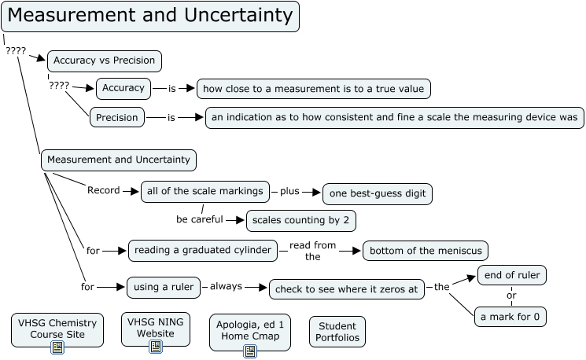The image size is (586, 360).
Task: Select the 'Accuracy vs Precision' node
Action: (x=105, y=61)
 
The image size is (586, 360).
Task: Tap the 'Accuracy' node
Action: (x=123, y=88)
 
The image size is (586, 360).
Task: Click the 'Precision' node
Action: (x=117, y=118)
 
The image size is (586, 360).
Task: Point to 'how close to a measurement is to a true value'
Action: (x=313, y=88)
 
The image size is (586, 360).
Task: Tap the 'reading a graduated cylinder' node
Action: (x=203, y=251)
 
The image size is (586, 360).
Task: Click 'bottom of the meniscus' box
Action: (x=425, y=251)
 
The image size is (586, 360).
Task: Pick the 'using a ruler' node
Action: (x=164, y=287)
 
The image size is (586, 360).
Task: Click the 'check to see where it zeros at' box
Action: (x=347, y=289)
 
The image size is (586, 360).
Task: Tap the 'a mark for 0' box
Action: (x=510, y=317)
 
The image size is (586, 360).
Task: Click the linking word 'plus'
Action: (x=290, y=191)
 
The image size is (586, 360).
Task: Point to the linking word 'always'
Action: (x=226, y=287)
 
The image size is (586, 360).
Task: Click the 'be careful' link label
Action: (x=199, y=219)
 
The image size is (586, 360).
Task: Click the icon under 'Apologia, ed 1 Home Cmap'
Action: (x=250, y=351)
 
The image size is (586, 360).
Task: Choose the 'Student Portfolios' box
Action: (x=337, y=332)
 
